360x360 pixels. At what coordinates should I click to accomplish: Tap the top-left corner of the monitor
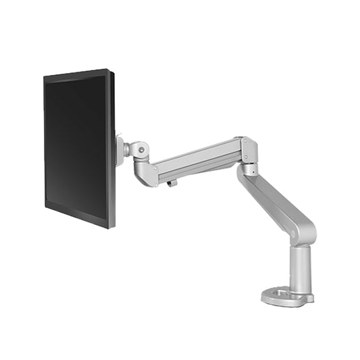coord(45,77)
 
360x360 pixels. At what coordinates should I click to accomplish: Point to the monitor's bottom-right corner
coord(113,227)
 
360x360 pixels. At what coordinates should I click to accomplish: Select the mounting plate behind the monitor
coord(120,151)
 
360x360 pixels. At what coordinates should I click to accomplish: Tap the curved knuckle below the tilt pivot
coord(145,173)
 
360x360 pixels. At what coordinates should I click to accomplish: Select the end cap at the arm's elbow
coord(249,150)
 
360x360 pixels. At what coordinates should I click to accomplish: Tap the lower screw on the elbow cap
coord(249,159)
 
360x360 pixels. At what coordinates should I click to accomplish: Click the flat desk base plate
coord(287,297)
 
